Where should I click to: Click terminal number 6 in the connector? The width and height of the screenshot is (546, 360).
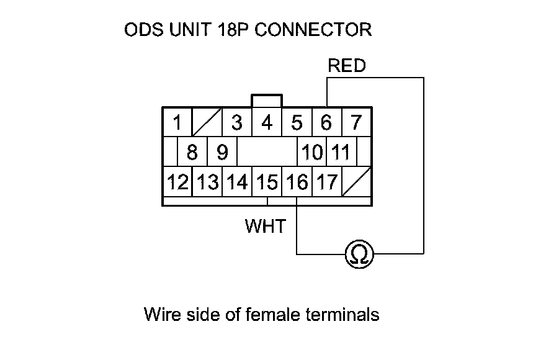coord(326,123)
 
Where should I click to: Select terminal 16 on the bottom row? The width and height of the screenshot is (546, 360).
coord(297,182)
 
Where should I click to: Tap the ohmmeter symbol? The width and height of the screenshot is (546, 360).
coord(359,254)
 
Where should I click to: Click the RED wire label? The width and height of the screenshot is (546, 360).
coord(347,66)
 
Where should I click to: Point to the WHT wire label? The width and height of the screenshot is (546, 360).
coord(266,226)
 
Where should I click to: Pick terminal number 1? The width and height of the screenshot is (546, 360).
coord(177,123)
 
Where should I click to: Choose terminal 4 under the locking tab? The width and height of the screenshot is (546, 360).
coord(267,123)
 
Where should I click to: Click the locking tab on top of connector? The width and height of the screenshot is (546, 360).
coord(267,101)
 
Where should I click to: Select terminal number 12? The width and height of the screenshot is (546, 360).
coord(177,182)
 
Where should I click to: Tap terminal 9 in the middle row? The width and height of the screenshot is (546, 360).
coord(222,152)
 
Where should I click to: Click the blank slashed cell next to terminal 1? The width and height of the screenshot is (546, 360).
coord(207,123)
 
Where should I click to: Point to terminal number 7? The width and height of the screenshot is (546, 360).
coord(356,123)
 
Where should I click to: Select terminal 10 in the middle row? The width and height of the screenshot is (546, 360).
coord(312,152)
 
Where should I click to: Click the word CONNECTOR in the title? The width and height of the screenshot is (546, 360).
coord(313,30)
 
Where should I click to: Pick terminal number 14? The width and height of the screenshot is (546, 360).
coord(237,182)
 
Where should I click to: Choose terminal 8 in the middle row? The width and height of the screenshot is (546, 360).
coord(192,152)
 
